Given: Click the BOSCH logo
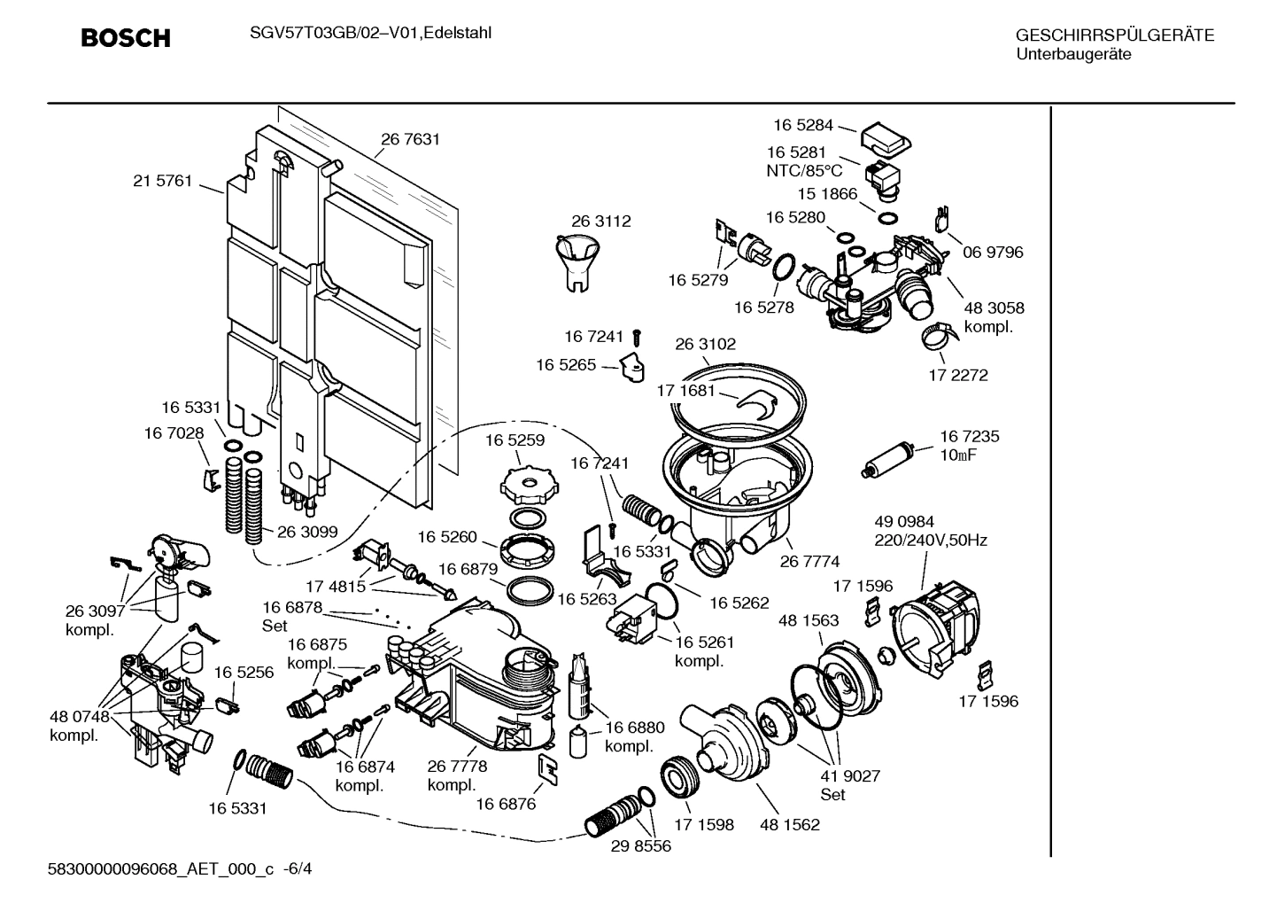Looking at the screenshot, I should (x=125, y=38).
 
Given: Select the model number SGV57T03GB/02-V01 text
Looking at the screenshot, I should (x=328, y=34).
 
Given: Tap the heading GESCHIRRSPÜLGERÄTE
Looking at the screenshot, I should (x=1114, y=36).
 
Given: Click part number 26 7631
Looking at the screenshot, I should (x=410, y=139).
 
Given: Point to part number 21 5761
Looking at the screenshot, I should (x=162, y=181).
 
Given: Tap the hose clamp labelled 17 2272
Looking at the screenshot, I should (x=939, y=336).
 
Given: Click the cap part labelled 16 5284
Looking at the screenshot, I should (x=885, y=139).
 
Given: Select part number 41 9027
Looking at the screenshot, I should (x=850, y=776).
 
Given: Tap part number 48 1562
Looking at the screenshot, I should (x=789, y=824).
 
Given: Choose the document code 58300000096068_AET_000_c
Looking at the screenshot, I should (x=162, y=869).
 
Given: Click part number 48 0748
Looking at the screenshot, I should (x=79, y=717).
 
